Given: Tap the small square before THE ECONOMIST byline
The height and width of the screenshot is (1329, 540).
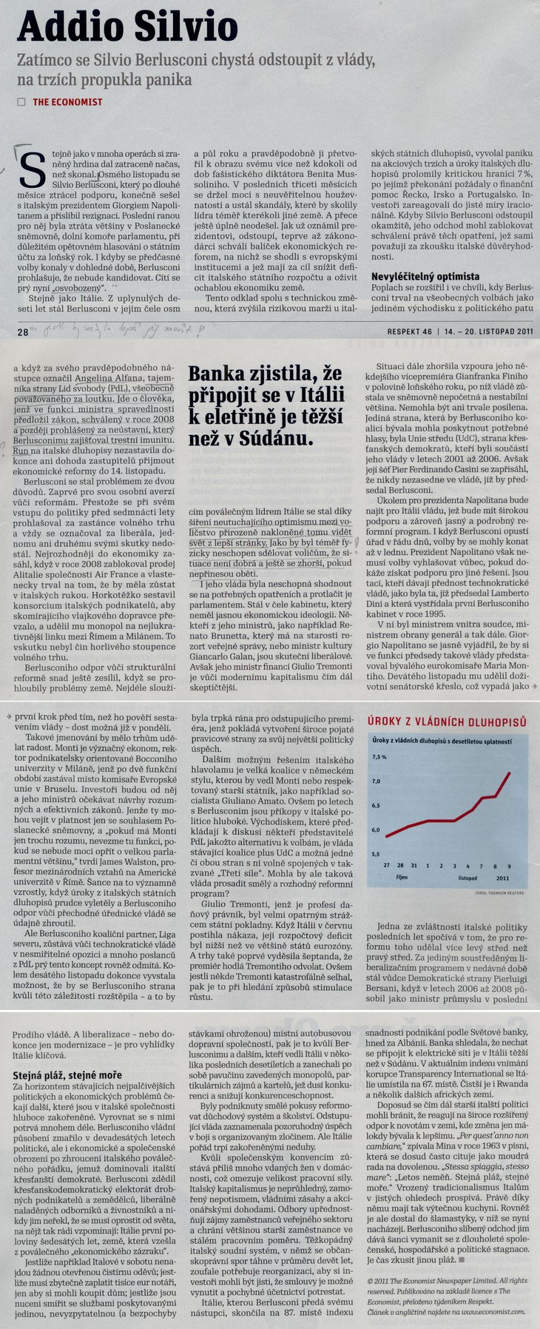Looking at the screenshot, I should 21,102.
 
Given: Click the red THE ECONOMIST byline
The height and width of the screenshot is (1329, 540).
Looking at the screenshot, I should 67,102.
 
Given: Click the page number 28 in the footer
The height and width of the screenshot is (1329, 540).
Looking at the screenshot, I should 22,332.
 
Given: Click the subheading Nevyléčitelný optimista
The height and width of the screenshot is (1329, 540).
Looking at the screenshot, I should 425,276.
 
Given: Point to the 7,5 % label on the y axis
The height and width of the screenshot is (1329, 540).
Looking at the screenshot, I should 380,757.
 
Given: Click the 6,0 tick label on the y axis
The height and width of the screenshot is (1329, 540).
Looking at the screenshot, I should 377,830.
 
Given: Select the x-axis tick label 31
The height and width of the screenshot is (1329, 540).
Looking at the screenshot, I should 414,865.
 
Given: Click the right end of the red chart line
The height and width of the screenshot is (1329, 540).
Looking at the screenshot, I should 510,773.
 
